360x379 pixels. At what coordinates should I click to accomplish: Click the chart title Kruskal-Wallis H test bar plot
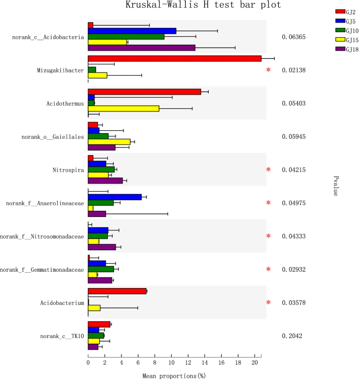coord(203,5)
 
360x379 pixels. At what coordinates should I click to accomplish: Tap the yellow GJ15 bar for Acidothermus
coord(124,108)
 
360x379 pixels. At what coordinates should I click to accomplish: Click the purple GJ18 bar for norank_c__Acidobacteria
coord(141,48)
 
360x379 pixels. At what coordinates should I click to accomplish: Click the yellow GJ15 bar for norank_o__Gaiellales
coord(109,141)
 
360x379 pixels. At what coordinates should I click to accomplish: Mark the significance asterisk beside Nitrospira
coord(269,169)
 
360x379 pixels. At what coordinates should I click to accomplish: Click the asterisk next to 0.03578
coord(269,302)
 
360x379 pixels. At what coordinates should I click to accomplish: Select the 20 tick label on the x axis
coord(255,363)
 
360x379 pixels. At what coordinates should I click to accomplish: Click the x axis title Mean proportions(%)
coord(173,375)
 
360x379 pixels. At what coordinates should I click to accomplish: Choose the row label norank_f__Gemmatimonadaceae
coord(42,269)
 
